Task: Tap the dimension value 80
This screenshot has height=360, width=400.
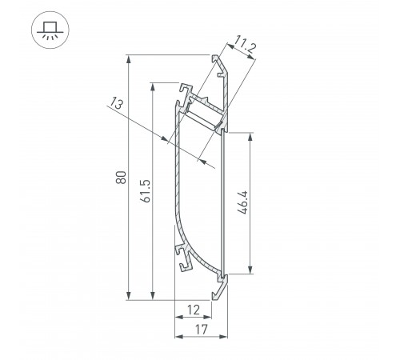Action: (119, 178)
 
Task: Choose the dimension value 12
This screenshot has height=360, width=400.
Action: (194, 310)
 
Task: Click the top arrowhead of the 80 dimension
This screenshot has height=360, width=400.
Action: (128, 58)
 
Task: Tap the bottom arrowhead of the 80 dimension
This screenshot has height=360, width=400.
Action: (128, 298)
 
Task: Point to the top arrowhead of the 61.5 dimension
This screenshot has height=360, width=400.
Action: (151, 85)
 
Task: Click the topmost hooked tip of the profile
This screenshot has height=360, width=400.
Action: (217, 59)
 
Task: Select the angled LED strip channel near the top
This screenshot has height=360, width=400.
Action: (204, 111)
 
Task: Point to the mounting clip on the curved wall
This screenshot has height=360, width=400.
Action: (184, 254)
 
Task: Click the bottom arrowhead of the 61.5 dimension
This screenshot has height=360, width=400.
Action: (151, 298)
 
